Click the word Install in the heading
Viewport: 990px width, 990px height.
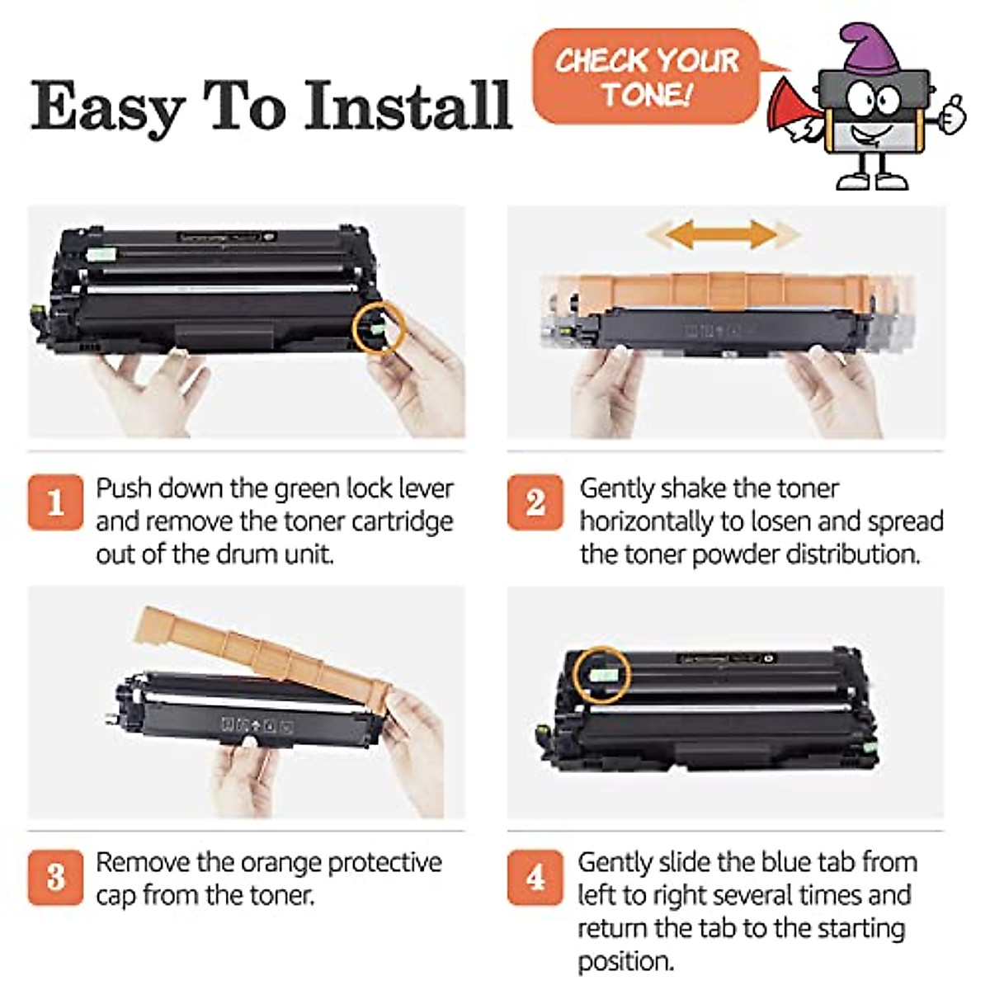pos(408,106)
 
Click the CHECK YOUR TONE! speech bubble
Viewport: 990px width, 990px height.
pos(645,76)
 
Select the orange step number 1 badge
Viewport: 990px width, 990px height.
pos(55,502)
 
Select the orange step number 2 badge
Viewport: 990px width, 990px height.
pos(535,502)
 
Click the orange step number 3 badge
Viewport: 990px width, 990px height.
pos(55,877)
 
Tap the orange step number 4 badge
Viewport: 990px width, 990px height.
pos(535,877)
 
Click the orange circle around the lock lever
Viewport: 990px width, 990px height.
pos(378,328)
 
